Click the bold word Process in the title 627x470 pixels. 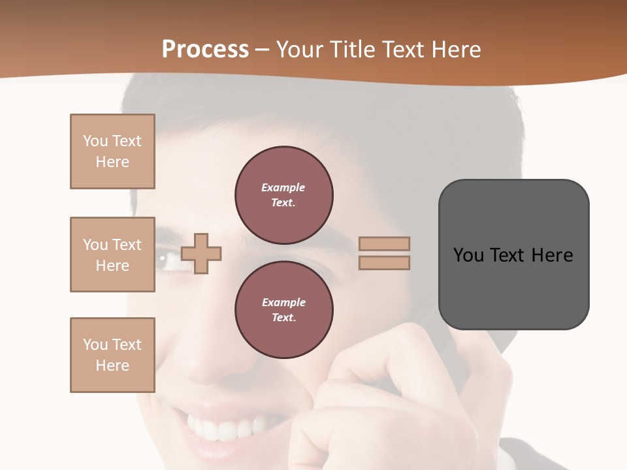click(205, 50)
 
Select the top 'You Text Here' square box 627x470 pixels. click(112, 151)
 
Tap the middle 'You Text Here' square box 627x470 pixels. click(112, 255)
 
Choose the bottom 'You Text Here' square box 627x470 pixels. click(112, 355)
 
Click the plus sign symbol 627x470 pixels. click(201, 253)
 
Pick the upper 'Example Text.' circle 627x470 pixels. click(284, 195)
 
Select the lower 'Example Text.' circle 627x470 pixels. click(284, 310)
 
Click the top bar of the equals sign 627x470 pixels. click(384, 243)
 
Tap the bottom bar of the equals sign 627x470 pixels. click(384, 262)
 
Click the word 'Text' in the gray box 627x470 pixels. click(511, 255)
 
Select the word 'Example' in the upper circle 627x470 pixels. click(283, 187)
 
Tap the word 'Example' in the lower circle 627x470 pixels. click(283, 302)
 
